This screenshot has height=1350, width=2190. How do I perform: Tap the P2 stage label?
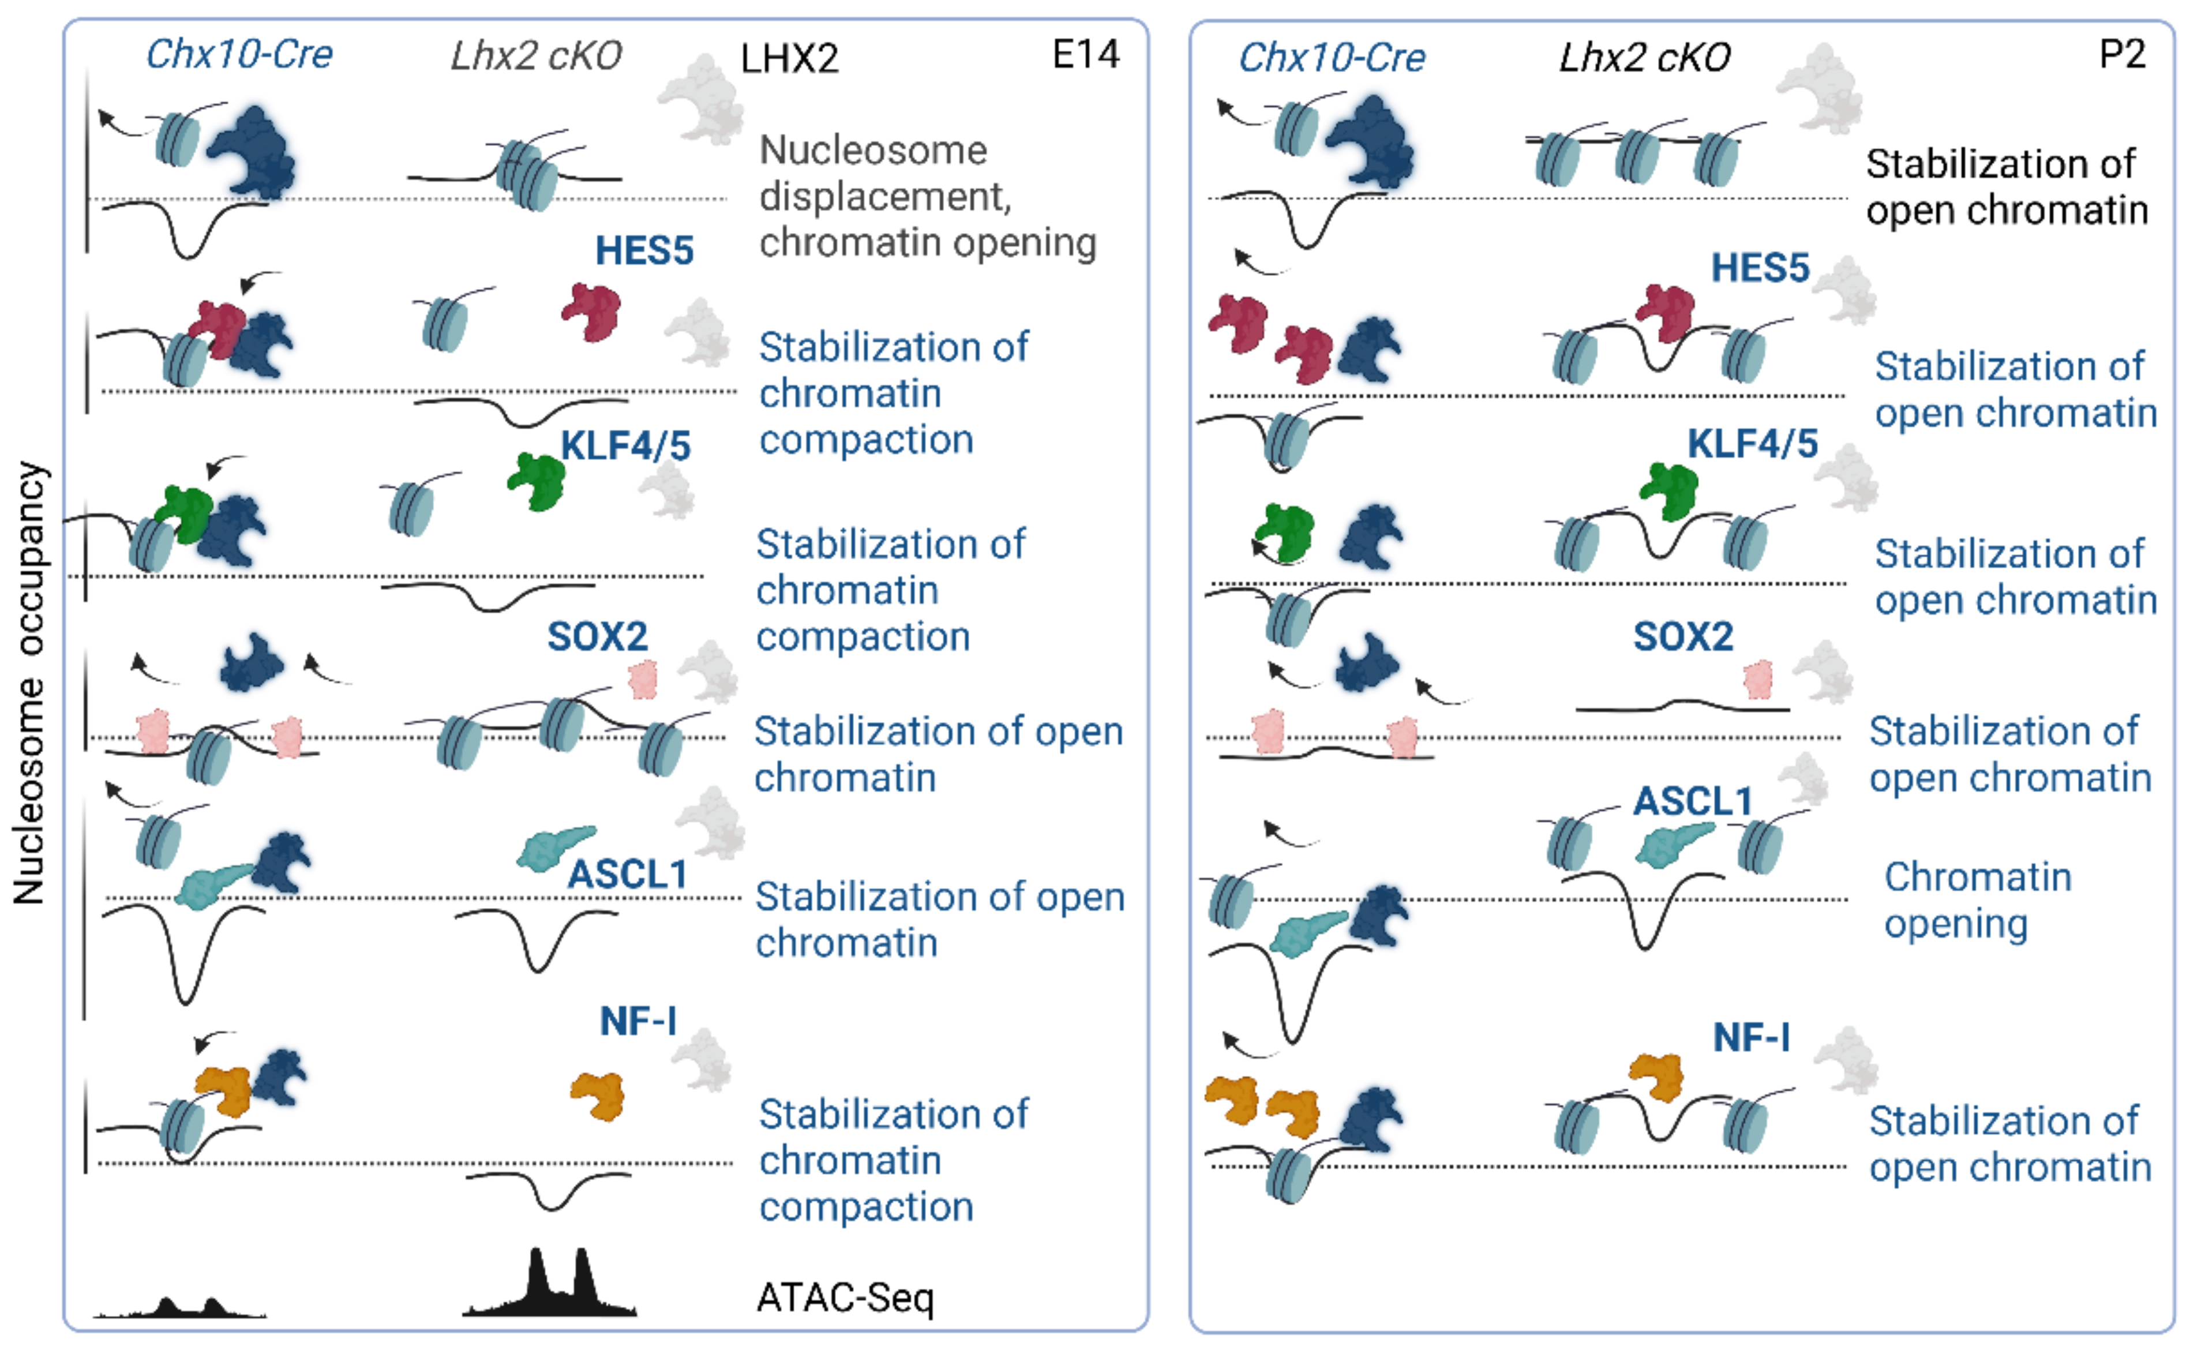pyautogui.click(x=2121, y=55)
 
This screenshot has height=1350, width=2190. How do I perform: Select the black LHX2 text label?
pyautogui.click(x=789, y=59)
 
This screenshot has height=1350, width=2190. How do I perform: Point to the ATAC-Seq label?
pyautogui.click(x=845, y=1298)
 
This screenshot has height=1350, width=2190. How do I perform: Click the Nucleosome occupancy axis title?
pyautogui.click(x=29, y=683)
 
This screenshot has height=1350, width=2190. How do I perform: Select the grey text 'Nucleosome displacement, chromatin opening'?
pyautogui.click(x=927, y=196)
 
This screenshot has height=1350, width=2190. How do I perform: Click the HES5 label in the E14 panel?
pyautogui.click(x=644, y=251)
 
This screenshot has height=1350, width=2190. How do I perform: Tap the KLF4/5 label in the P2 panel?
pyautogui.click(x=1752, y=444)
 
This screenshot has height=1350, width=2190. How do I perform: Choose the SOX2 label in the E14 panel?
pyautogui.click(x=597, y=636)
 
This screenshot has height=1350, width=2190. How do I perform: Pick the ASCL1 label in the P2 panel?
pyautogui.click(x=1692, y=801)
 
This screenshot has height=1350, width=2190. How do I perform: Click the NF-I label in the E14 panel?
pyautogui.click(x=637, y=1021)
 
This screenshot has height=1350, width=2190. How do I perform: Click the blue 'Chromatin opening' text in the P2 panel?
pyautogui.click(x=1977, y=900)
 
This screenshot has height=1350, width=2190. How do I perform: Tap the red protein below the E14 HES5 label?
pyautogui.click(x=591, y=312)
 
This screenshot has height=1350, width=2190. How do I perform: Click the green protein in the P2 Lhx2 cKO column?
pyautogui.click(x=1668, y=490)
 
